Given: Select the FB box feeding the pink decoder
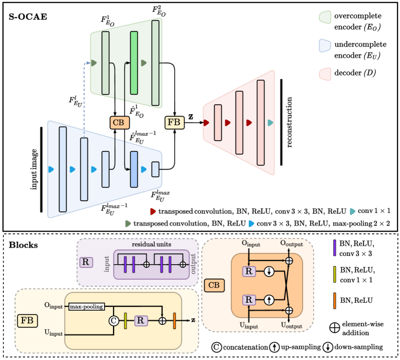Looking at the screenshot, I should click(x=174, y=123).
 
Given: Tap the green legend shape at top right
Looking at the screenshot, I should click(x=325, y=17).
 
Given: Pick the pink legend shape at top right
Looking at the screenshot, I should click(x=325, y=74).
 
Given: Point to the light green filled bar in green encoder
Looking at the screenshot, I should click(x=134, y=62).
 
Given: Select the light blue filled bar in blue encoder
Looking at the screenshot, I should click(x=134, y=169).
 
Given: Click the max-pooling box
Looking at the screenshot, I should click(x=86, y=306).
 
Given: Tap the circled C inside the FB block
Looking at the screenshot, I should click(x=114, y=321).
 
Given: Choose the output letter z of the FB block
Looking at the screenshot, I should click(x=193, y=320).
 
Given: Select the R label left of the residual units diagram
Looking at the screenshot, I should click(x=86, y=262).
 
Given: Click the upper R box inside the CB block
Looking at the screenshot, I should click(x=249, y=271).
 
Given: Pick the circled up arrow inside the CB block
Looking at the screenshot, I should click(x=269, y=299).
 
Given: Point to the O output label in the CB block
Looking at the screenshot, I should click(x=291, y=243).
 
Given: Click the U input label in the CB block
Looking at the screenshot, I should click(x=249, y=326).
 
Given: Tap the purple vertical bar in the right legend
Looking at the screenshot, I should click(x=335, y=248).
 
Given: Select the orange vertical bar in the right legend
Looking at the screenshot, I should click(x=335, y=300).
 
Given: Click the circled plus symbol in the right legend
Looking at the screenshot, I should click(x=335, y=327).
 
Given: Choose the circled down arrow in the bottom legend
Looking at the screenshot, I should click(x=327, y=347).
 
